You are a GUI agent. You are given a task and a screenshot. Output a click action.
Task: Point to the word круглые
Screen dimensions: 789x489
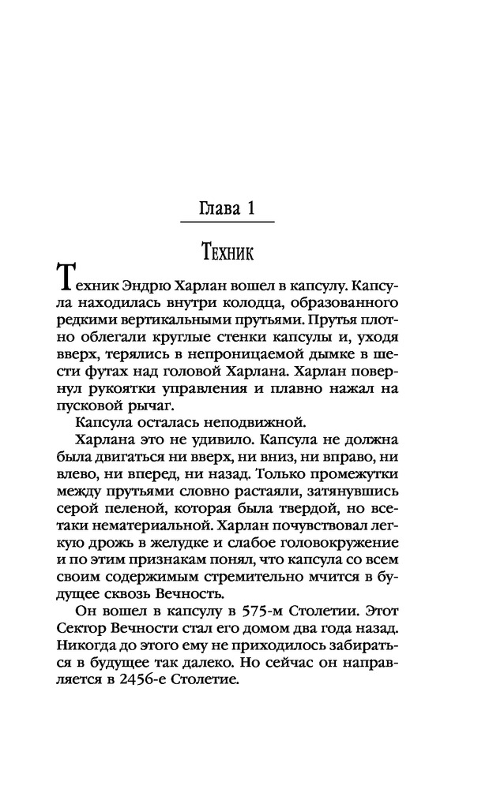pyautogui.click(x=179, y=344)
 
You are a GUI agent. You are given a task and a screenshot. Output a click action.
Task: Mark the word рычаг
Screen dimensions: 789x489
pyautogui.click(x=150, y=422)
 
